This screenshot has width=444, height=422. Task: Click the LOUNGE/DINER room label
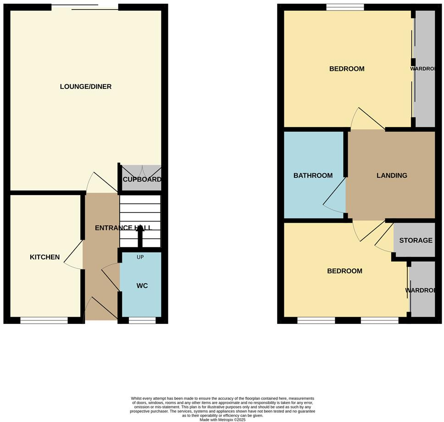(x=86, y=87)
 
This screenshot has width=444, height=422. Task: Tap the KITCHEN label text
(x=44, y=257)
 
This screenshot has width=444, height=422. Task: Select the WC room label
(x=142, y=285)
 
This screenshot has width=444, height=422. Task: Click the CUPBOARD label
(x=142, y=179)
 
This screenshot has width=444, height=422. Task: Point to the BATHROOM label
(x=313, y=175)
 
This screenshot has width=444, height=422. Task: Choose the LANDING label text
(x=392, y=175)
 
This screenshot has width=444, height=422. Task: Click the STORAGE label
(x=416, y=240)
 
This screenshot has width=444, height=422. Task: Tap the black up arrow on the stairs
(x=140, y=236)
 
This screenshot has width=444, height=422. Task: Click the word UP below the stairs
(x=140, y=257)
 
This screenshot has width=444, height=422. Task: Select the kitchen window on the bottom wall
(x=44, y=320)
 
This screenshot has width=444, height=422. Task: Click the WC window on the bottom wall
(x=142, y=320)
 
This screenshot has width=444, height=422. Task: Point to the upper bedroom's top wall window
(x=345, y=7)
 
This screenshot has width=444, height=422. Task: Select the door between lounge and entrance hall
(x=101, y=183)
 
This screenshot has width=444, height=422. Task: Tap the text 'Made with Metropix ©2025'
(x=222, y=419)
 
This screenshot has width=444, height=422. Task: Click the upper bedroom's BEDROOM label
(x=347, y=69)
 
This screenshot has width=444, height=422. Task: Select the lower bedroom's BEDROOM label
(x=344, y=271)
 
